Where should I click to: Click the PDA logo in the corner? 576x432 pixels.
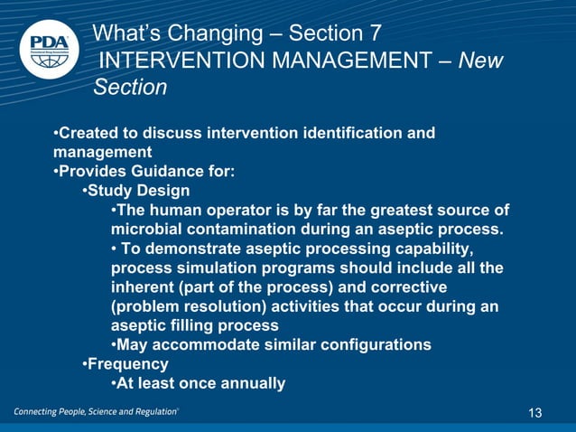(x=48, y=48)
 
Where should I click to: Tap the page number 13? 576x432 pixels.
(x=535, y=413)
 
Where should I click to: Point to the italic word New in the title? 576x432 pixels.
(x=480, y=61)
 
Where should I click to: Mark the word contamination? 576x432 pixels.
(x=240, y=230)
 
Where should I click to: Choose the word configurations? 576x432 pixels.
(x=372, y=345)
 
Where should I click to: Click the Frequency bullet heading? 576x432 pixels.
(x=127, y=364)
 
